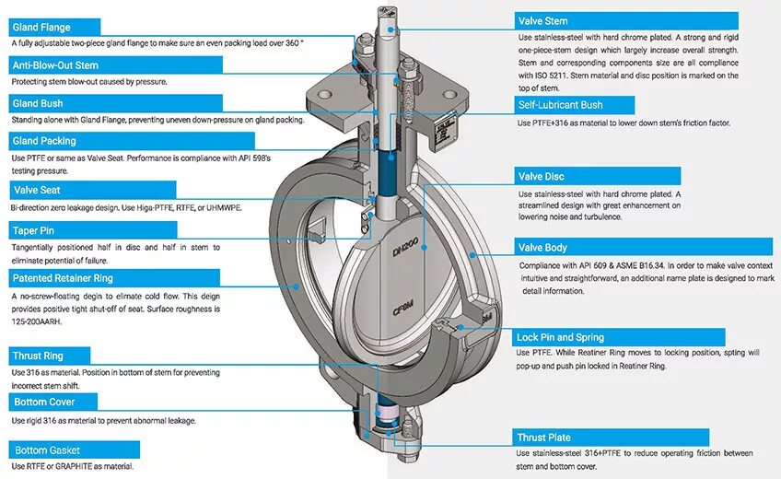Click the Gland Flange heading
coord(41,27)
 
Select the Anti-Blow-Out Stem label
coord(55,65)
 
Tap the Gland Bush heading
coord(38,103)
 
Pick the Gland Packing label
coord(44,141)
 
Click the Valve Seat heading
coord(37,190)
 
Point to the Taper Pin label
coord(33,230)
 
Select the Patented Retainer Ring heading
coord(63,277)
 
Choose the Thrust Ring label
coord(38,355)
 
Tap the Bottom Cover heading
coord(43,402)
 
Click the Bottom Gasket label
coord(47,450)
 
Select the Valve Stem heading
coord(543,20)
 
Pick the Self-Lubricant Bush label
coord(560,105)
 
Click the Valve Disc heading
coord(542,176)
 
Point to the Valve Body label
coord(543,247)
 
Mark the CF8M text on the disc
coord(402,310)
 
